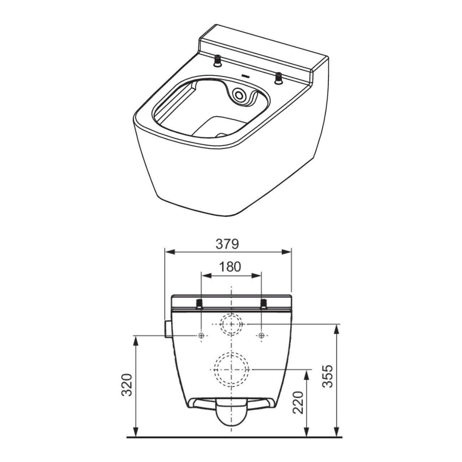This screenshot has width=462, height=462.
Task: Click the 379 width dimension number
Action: [227, 244]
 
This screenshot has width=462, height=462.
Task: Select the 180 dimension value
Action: [230, 267]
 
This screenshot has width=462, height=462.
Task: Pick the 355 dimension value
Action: [327, 376]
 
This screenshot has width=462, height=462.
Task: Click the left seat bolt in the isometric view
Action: [218, 61]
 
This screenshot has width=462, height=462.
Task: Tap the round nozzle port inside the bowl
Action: [239, 95]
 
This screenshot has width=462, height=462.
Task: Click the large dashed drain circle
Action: [231, 369]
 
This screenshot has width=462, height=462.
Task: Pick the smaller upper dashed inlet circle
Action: [231, 324]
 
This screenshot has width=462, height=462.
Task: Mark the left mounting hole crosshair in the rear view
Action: [201, 336]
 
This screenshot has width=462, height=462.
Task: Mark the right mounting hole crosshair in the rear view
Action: [261, 336]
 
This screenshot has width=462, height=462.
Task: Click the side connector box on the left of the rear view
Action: [167, 329]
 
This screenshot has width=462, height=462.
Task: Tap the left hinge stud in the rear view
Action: [199, 304]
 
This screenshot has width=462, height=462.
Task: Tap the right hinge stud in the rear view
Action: [264, 304]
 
